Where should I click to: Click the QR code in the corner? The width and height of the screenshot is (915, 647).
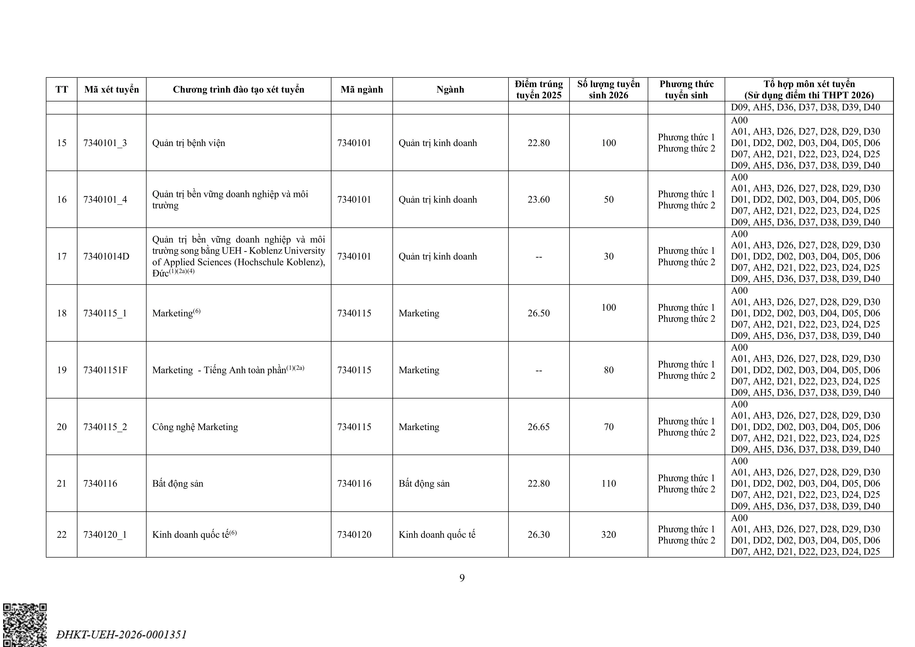coord(25,625)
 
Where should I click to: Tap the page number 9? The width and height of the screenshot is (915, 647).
coord(462,578)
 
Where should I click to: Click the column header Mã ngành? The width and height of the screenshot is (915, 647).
coord(361,89)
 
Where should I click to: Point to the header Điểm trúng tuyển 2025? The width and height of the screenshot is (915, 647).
coord(538,89)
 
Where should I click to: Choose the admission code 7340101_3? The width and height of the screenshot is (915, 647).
coord(105,143)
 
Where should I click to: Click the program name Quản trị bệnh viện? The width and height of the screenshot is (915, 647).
coord(189,143)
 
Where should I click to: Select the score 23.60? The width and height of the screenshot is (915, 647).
coord(538,199)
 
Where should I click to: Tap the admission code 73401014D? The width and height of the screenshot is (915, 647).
coord(106,256)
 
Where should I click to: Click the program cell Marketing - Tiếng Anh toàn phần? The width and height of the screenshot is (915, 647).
coord(228,370)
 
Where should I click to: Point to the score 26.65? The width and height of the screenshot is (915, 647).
coord(538,427)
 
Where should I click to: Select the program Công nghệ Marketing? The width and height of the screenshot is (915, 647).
coord(195,427)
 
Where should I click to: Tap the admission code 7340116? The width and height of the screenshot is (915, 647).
coord(100,483)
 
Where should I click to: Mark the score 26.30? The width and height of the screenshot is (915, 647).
coord(538,535)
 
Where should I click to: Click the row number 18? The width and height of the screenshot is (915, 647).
coord(62,313)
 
